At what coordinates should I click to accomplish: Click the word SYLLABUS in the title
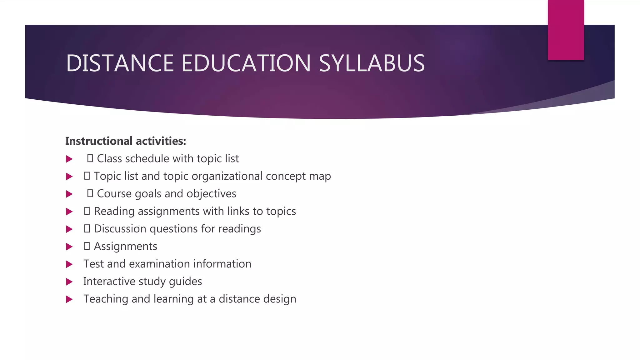coord(372,63)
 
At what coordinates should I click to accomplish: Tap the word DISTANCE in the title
coord(120,63)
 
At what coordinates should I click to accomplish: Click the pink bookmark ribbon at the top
coord(566,30)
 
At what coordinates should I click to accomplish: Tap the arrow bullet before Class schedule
coord(69,159)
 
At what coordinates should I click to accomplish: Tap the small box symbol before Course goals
coord(90,193)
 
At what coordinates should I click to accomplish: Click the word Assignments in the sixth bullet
coord(125,247)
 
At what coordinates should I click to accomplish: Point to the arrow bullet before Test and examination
coord(69,264)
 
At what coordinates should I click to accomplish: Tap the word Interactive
coord(109,282)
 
